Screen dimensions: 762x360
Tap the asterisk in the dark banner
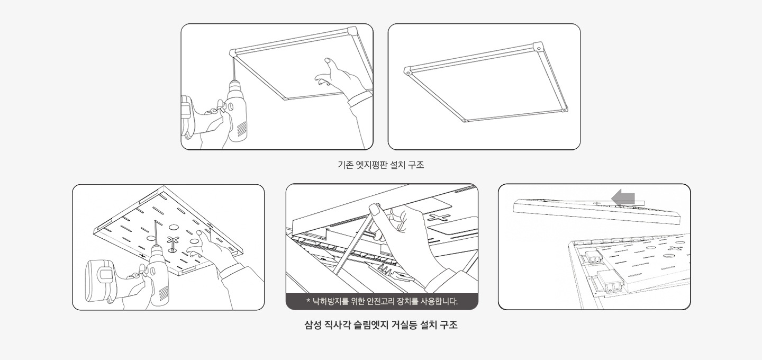[x=308, y=301]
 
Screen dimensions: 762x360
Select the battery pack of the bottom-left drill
[x=100, y=281]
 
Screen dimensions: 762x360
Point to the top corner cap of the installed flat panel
[x=538, y=46]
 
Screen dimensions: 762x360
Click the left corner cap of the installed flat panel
[x=409, y=71]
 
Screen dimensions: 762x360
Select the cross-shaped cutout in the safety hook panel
[x=439, y=218]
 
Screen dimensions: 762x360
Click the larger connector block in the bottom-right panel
[x=611, y=282]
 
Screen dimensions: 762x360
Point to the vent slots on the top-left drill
[x=241, y=128]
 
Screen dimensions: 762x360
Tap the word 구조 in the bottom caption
[x=449, y=325]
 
